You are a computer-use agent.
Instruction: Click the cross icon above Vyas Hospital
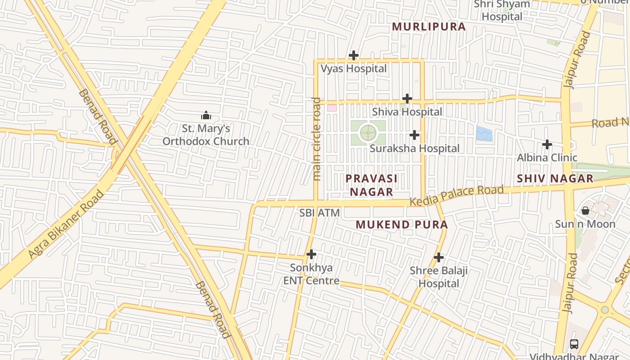(x=354, y=56)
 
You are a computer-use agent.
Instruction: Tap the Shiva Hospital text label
(x=407, y=112)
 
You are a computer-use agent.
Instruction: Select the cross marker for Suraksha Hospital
(x=414, y=135)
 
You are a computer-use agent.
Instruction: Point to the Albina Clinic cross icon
(x=547, y=144)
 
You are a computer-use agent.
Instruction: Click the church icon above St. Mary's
(x=206, y=116)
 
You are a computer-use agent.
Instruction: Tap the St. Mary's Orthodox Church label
(x=206, y=135)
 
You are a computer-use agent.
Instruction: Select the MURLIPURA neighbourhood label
(x=428, y=27)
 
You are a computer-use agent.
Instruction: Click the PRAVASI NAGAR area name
(x=371, y=185)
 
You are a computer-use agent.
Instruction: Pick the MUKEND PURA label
(x=401, y=225)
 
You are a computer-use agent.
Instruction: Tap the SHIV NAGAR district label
(x=555, y=179)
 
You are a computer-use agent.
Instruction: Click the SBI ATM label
(x=319, y=213)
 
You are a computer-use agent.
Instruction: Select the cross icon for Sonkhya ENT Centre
(x=311, y=255)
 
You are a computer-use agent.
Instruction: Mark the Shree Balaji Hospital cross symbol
(x=439, y=258)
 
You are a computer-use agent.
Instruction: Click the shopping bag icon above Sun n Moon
(x=585, y=211)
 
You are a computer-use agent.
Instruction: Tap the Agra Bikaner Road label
(x=66, y=225)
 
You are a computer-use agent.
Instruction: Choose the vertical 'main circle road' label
(x=317, y=139)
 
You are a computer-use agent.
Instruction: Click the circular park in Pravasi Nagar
(x=368, y=133)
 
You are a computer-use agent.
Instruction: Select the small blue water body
(x=484, y=134)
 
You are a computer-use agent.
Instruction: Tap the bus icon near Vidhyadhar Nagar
(x=574, y=344)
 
